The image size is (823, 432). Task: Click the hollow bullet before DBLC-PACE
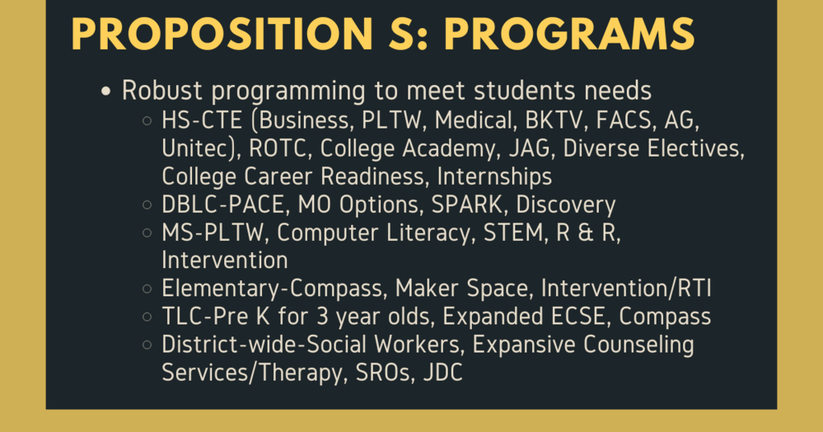click(x=147, y=206)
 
